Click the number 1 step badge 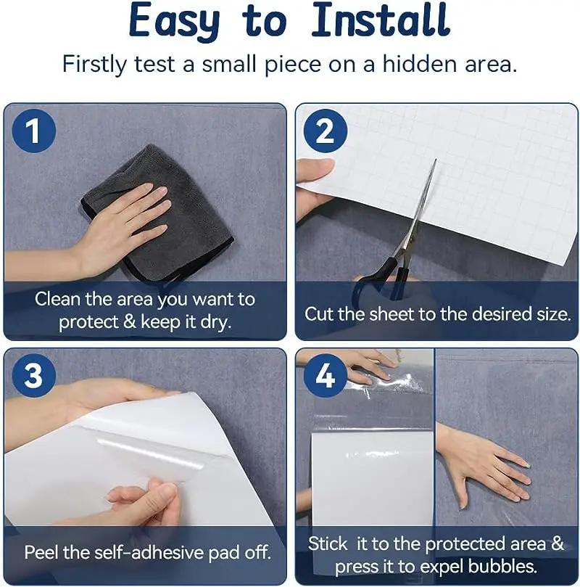[33, 131]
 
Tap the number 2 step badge [326, 131]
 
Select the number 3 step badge [33, 375]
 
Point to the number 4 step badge [326, 375]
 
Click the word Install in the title [381, 20]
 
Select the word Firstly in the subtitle [94, 65]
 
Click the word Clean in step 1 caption [57, 299]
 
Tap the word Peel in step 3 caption [41, 552]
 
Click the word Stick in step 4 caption [328, 543]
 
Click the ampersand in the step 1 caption [129, 322]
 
